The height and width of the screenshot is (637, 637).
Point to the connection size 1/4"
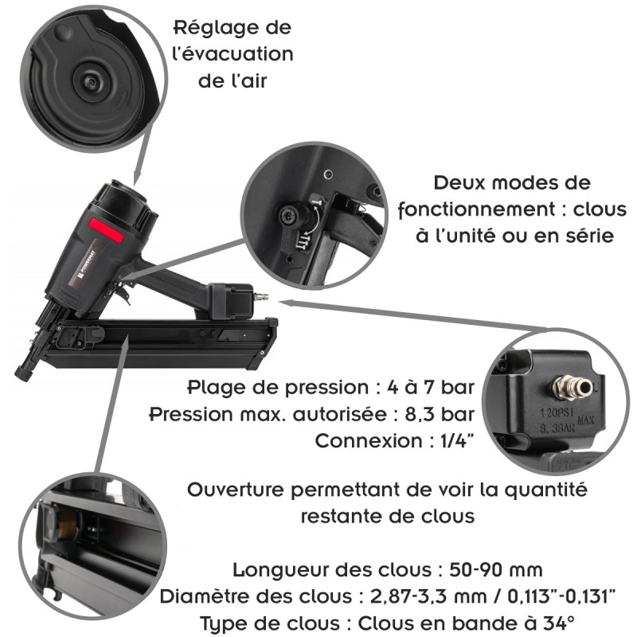455,440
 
